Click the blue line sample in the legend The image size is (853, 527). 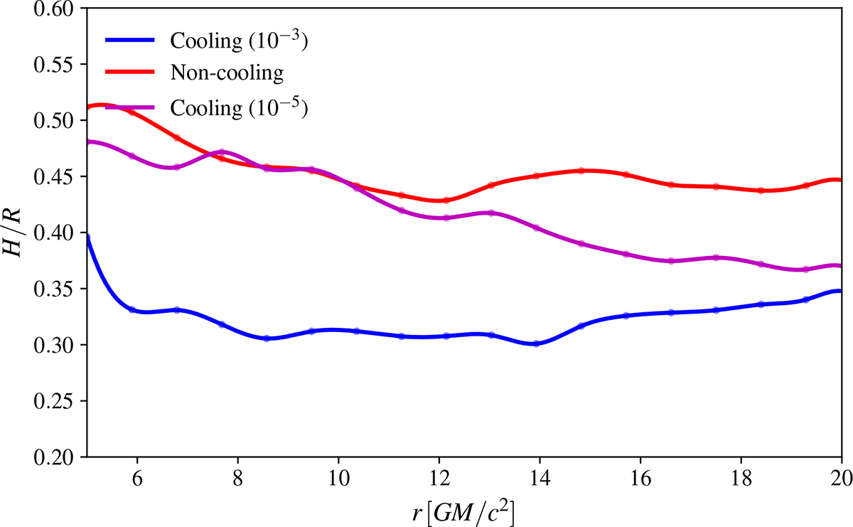click(x=131, y=41)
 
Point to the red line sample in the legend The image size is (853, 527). click(x=131, y=73)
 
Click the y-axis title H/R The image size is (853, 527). click(x=16, y=233)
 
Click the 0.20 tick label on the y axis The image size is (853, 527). click(x=57, y=457)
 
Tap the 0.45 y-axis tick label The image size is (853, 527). click(x=57, y=176)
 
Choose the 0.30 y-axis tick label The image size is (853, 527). click(x=57, y=345)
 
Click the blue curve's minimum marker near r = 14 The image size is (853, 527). click(x=536, y=344)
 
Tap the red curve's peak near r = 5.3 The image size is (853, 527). click(x=102, y=105)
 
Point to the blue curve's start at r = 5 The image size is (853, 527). click(x=87, y=237)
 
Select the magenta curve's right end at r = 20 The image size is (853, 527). click(x=840, y=265)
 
